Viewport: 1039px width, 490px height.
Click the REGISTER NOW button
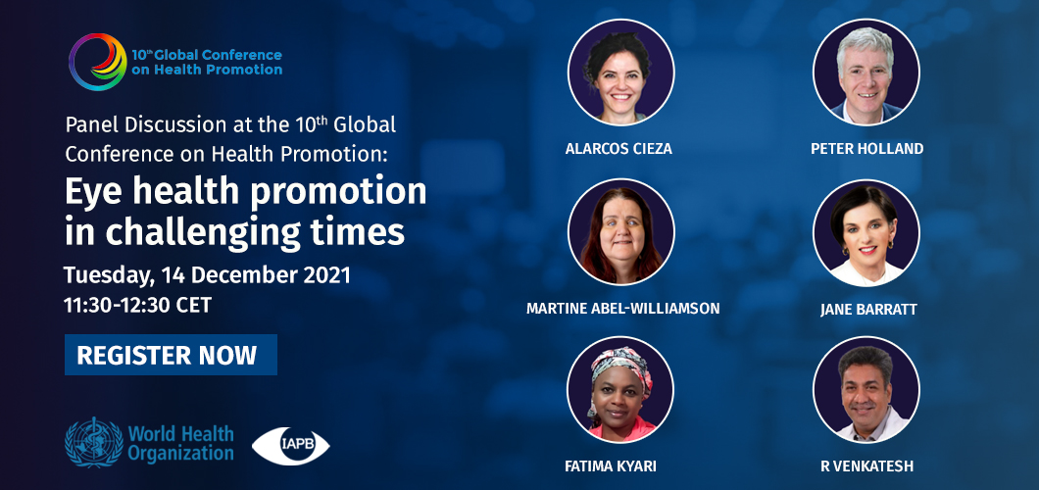(171, 355)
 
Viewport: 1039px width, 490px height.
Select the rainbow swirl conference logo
(97, 62)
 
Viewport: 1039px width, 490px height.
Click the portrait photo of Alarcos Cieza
(620, 73)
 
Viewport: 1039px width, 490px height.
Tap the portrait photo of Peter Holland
(866, 73)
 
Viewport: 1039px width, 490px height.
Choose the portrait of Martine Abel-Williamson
(620, 231)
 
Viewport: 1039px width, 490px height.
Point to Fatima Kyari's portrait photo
(620, 390)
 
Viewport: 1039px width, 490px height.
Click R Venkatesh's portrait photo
(866, 390)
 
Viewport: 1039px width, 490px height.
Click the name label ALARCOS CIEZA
(618, 149)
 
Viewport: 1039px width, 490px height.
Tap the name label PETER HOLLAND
(866, 149)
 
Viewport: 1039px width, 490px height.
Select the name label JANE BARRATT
(868, 310)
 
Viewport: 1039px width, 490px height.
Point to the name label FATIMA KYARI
(611, 466)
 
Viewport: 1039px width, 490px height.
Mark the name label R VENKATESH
(866, 466)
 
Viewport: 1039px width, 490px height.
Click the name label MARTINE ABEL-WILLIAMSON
(622, 309)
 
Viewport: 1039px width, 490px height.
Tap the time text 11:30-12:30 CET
(138, 305)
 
